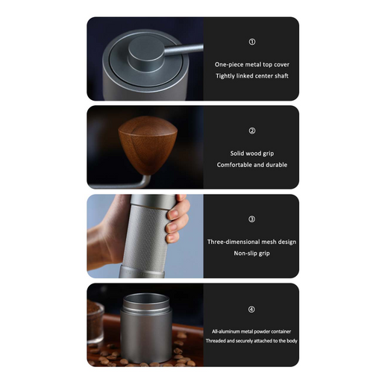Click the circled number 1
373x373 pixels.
[252, 42]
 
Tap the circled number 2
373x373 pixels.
[252, 131]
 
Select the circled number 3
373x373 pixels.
[251, 219]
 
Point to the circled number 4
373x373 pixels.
[251, 310]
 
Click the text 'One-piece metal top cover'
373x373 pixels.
[252, 65]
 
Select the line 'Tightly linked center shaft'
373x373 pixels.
[252, 76]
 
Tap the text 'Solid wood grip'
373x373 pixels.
[252, 154]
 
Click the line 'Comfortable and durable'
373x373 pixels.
[252, 165]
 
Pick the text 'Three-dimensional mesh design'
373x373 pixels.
[251, 242]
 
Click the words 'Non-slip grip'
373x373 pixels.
[251, 254]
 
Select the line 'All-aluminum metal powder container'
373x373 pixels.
[251, 331]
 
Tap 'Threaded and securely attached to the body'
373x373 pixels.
[251, 341]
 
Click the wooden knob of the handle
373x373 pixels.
[148, 144]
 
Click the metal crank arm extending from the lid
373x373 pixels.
[184, 49]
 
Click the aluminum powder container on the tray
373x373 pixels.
[146, 328]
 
